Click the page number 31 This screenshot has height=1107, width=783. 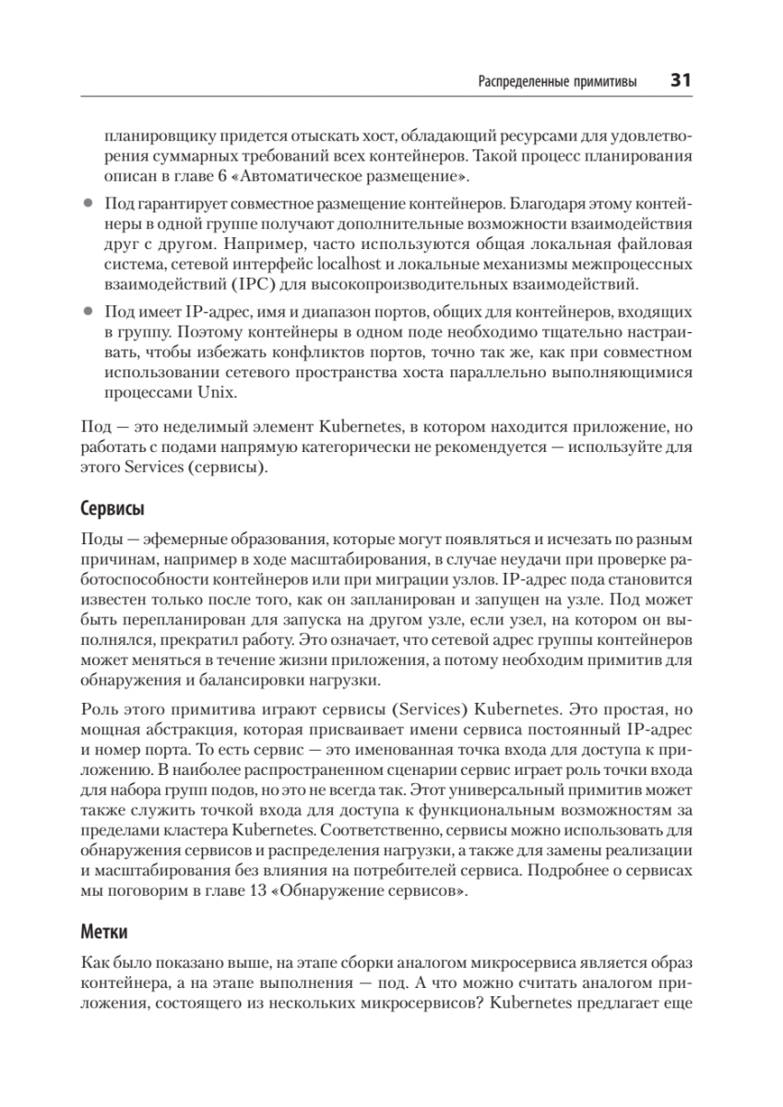[x=682, y=80]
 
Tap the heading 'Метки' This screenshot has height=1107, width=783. [x=105, y=933]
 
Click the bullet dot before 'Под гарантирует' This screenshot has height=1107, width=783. [x=89, y=200]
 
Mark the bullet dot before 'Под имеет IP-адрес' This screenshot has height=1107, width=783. [x=89, y=311]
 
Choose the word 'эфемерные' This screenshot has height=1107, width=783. [x=167, y=538]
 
